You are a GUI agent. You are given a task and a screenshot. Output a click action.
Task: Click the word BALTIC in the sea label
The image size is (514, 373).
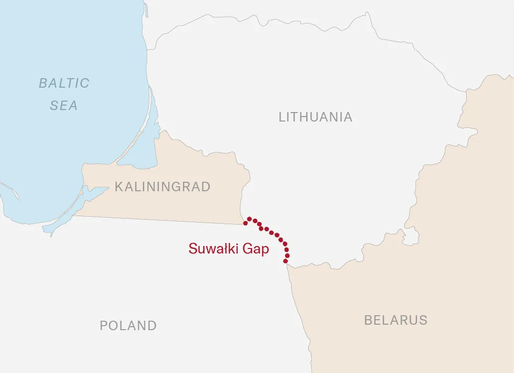[x=64, y=83]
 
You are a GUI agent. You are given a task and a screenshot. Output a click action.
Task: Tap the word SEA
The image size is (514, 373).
[x=64, y=106]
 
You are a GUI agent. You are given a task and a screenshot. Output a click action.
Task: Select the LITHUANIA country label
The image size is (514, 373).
[x=315, y=117]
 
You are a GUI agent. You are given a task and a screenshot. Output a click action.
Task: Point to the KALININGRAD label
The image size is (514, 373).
[x=163, y=187]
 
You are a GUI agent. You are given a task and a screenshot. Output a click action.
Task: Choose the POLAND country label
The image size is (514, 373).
[x=128, y=326]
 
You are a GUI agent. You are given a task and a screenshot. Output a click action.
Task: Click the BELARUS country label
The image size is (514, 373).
[x=396, y=320]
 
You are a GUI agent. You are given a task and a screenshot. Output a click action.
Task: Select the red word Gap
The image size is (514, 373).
[x=256, y=249]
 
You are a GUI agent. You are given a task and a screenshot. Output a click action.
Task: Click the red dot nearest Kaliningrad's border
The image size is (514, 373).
[x=245, y=223]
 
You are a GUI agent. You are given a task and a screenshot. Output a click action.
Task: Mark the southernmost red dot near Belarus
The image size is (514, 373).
[x=286, y=261]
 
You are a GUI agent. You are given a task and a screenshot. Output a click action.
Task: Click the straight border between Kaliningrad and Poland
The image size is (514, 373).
[x=159, y=220]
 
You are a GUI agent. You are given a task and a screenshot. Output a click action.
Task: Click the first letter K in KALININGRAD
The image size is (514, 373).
[x=118, y=187]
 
